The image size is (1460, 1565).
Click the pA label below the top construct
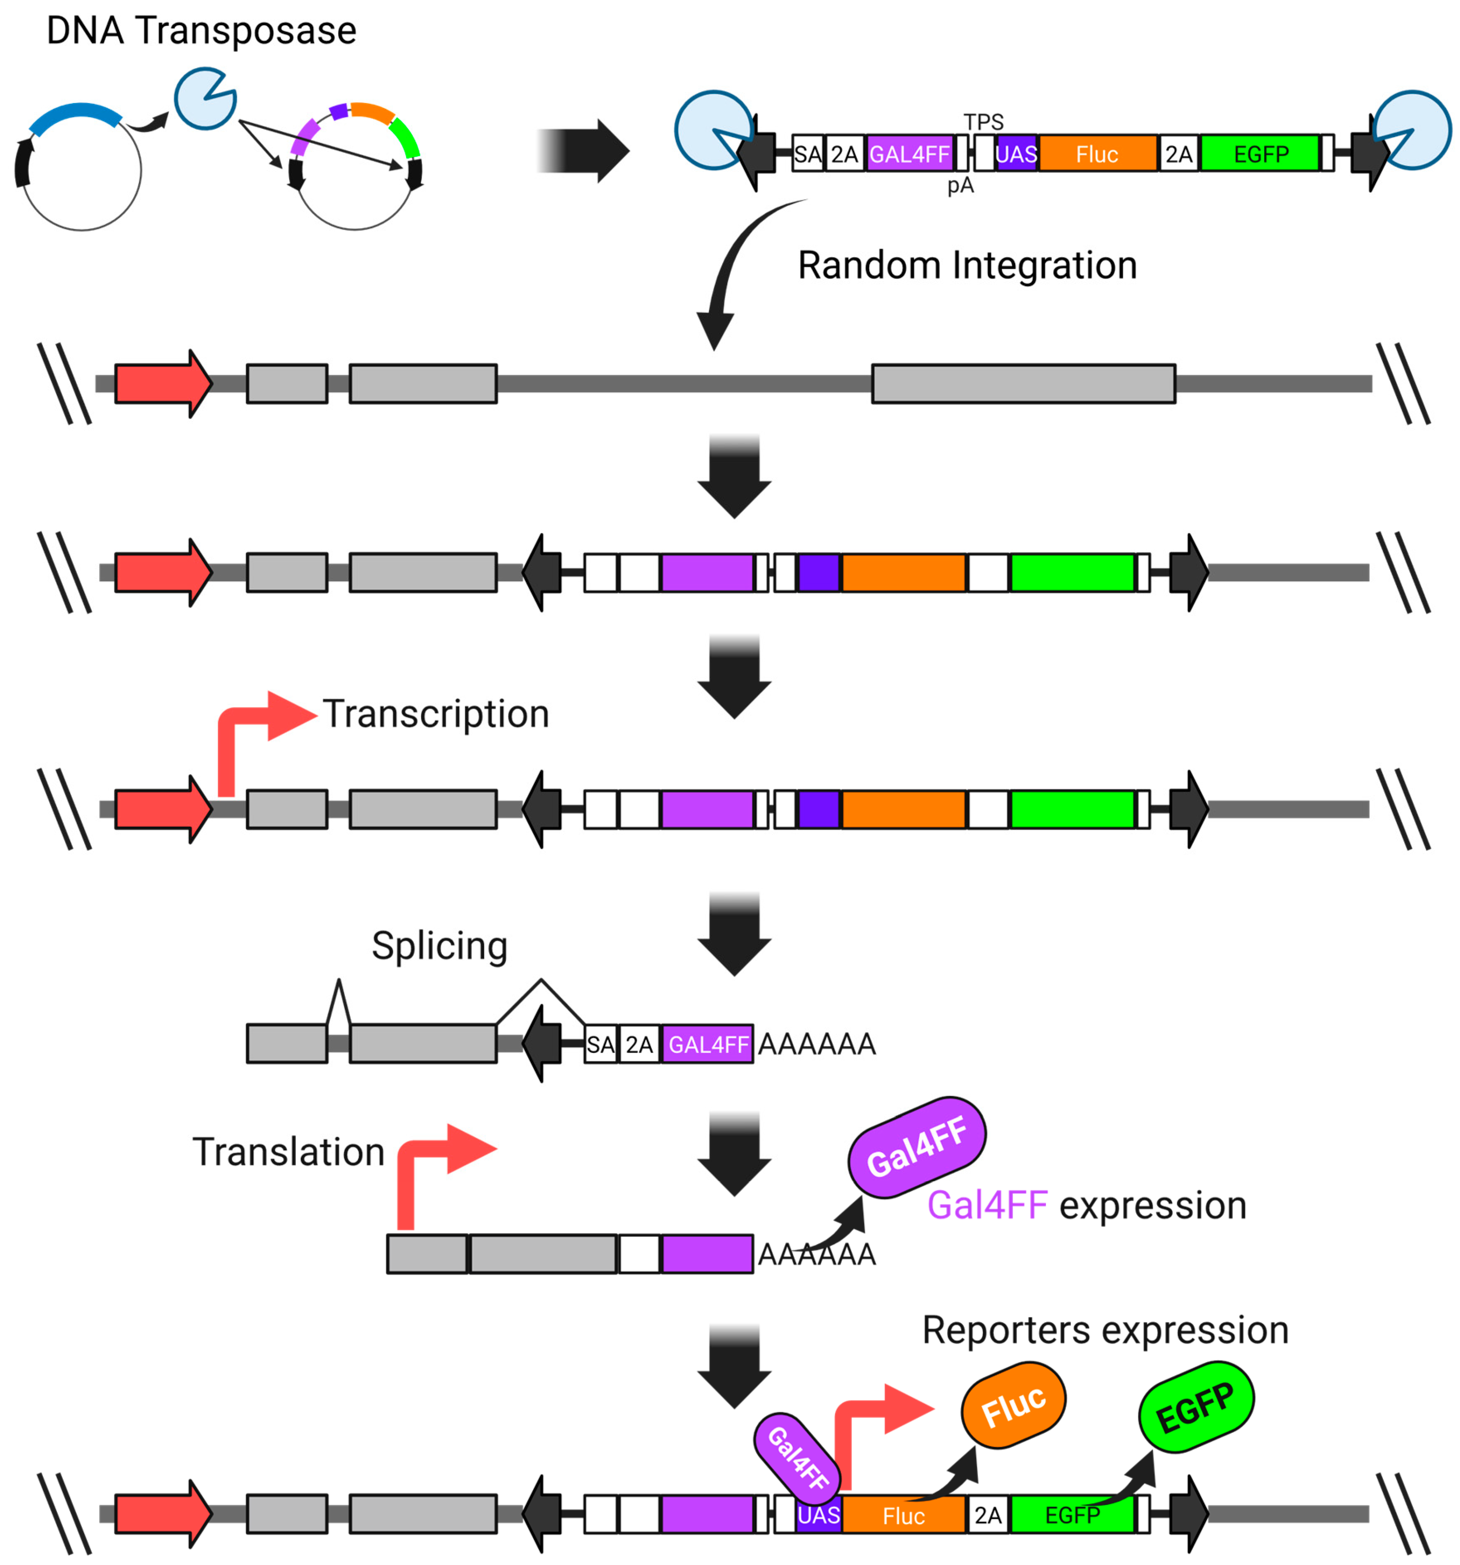click(960, 186)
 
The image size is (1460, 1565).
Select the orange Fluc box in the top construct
click(1097, 153)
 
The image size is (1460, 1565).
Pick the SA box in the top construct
click(807, 153)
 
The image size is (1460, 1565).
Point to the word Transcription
click(436, 714)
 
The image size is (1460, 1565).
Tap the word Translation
click(288, 1152)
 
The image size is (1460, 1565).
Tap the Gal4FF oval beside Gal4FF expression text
click(917, 1147)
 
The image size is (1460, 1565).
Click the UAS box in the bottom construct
click(818, 1515)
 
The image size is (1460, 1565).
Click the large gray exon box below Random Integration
click(1023, 383)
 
